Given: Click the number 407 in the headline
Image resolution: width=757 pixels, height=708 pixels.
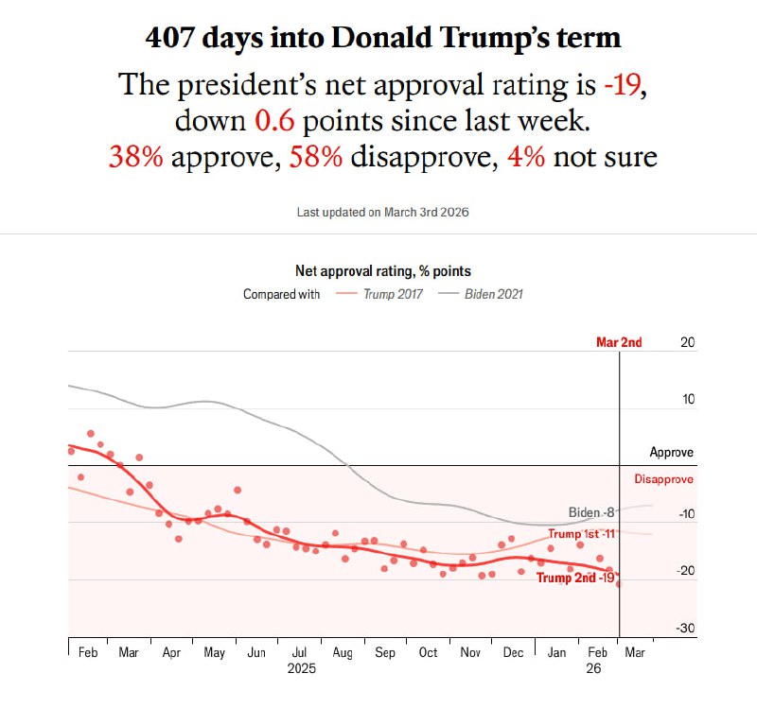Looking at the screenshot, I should [x=171, y=38].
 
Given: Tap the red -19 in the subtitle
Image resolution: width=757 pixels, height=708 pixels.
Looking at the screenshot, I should [x=624, y=85].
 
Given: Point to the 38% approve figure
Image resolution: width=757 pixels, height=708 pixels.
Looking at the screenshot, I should [x=135, y=155].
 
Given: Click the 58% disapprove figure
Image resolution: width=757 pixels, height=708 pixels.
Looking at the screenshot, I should [x=315, y=155].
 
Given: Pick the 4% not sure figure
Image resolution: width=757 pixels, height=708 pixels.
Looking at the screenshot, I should [x=526, y=155].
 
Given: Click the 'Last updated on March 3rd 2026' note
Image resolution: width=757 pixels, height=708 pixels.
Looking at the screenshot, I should [x=382, y=212].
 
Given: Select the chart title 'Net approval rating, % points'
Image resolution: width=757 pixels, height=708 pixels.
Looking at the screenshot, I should [x=383, y=271].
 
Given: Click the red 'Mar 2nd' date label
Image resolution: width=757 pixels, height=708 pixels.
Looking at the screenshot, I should [x=619, y=342].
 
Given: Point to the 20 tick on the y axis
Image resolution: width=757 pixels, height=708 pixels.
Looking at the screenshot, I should [x=688, y=342].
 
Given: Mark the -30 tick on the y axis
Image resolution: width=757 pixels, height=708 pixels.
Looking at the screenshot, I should [x=686, y=629].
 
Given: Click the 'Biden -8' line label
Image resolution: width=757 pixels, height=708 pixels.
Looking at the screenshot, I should [x=591, y=512].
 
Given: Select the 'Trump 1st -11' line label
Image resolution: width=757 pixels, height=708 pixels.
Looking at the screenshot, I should [x=582, y=534].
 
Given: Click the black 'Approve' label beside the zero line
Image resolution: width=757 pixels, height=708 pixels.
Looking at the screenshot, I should [x=671, y=453].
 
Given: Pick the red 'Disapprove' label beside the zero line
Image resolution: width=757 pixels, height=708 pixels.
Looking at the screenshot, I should [x=663, y=479].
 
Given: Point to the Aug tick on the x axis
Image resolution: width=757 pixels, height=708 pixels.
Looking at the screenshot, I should [x=342, y=652].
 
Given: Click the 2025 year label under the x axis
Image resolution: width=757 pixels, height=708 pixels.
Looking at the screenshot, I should [x=300, y=667].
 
